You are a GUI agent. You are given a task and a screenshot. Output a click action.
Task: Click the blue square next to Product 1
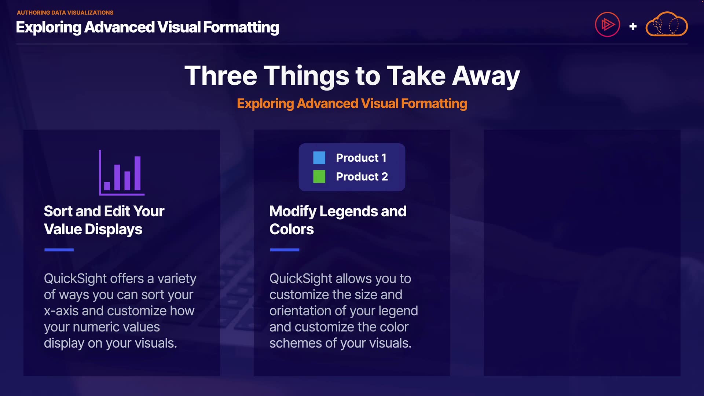coord(319,158)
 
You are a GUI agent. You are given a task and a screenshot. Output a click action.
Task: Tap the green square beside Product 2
coord(319,176)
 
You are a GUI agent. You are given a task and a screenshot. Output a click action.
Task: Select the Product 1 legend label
coord(361,158)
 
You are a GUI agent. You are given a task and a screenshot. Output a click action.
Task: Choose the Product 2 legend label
coord(362,176)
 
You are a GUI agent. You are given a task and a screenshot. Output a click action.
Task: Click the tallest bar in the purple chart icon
coord(137,173)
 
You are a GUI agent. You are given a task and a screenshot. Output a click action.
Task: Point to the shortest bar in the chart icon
coord(107,186)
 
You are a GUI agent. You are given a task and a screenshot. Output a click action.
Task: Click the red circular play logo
coord(607,25)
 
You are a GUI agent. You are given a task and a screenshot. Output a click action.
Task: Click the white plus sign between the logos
coord(633,26)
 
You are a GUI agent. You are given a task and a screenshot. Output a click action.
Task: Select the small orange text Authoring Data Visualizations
coord(65,12)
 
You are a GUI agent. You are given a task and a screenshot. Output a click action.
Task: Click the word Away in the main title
coord(486,76)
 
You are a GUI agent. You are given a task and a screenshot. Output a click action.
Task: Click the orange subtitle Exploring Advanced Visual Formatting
coord(352,104)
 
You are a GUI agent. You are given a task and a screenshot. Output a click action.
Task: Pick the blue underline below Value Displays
coord(59,250)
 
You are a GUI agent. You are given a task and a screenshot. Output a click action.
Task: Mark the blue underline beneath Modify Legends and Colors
coord(285,250)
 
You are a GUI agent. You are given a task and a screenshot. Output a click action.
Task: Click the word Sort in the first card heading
coord(58,211)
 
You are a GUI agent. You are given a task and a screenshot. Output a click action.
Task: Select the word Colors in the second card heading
coord(291,229)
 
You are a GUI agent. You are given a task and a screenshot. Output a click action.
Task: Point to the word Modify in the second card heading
coord(293,212)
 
